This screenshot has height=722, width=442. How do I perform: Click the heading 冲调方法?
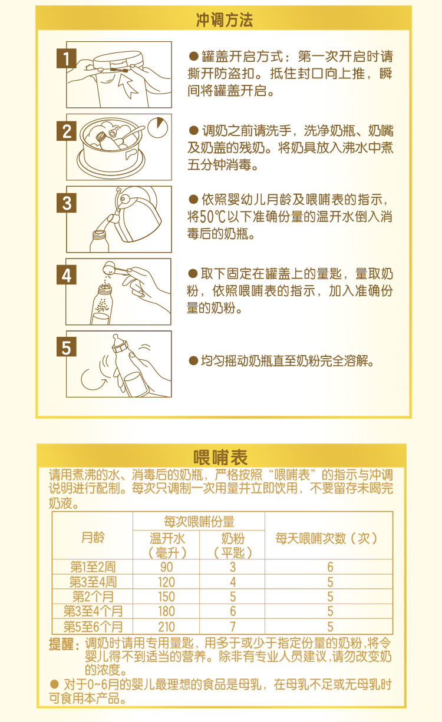click(224, 20)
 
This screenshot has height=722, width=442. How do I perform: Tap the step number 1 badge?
click(67, 59)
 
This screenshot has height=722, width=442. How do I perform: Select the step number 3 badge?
click(67, 203)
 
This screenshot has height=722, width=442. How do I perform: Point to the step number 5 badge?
click(67, 348)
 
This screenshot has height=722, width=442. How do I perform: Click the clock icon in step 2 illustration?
click(157, 127)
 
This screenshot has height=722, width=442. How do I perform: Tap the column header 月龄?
click(93, 537)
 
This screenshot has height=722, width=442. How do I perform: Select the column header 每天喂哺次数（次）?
click(327, 538)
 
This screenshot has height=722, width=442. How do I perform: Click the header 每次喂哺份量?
click(199, 522)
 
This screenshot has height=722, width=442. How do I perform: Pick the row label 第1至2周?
click(93, 567)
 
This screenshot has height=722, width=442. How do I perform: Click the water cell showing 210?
click(166, 626)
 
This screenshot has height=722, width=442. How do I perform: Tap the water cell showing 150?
click(166, 597)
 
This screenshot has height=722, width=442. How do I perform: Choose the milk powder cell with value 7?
click(232, 626)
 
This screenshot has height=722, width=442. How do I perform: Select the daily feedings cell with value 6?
click(329, 567)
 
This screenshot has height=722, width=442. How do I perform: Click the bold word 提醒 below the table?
click(62, 644)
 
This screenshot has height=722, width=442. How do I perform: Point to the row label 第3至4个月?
click(93, 611)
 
